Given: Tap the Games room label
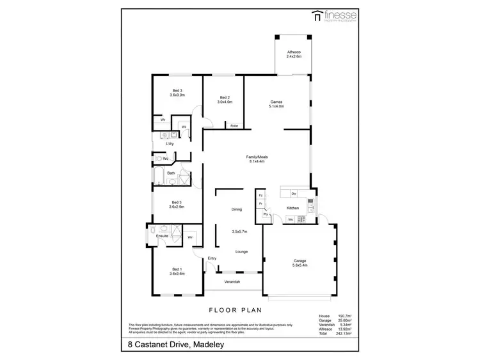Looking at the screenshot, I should [276, 104].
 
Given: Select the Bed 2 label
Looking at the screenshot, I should [224, 99].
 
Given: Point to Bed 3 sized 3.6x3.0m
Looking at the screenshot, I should [177, 93].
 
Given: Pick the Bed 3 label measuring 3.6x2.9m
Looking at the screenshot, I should [177, 204].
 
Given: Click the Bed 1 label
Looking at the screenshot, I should [177, 271].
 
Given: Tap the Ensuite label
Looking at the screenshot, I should [163, 236].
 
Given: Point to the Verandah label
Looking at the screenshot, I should [232, 282].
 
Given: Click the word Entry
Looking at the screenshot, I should [212, 258].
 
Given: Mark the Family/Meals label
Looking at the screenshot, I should [257, 159].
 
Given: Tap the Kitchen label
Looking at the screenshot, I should [292, 208].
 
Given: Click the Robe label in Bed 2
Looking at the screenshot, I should [234, 126].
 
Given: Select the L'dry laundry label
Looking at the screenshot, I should [170, 143].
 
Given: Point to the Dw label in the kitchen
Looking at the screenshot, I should [293, 193].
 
